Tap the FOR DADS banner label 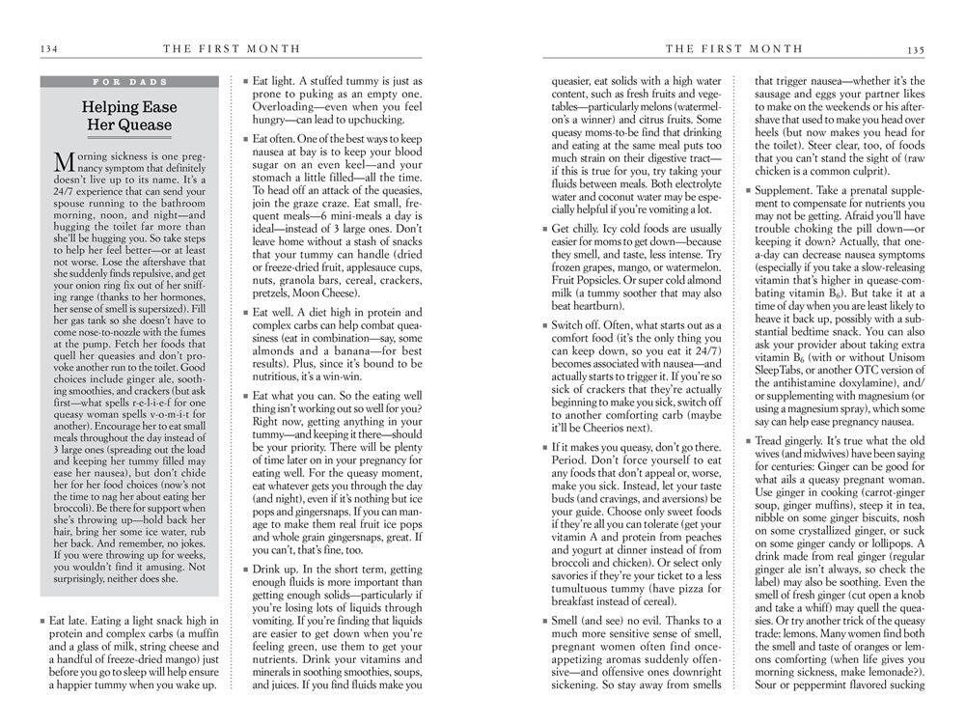tap(129, 82)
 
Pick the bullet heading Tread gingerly tap(802, 441)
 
